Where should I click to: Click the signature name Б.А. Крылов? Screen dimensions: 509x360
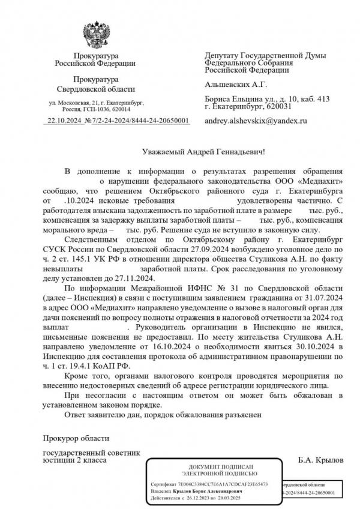[x=321, y=460]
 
